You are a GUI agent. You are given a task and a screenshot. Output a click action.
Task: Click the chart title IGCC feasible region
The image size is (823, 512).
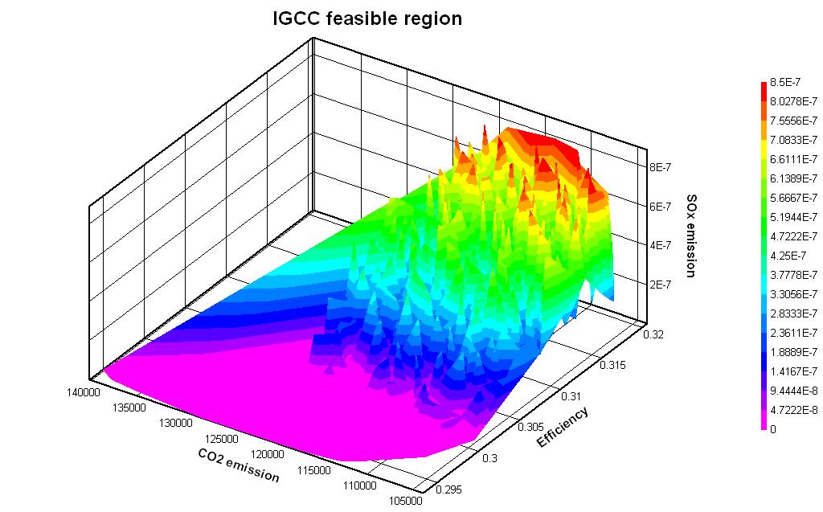(x=368, y=18)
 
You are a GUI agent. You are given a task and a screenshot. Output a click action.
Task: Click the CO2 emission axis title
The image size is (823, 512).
(x=239, y=465)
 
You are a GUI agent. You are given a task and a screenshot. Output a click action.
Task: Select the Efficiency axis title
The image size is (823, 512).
(x=563, y=428)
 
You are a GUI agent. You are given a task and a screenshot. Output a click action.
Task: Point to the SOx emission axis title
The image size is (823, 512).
(x=690, y=235)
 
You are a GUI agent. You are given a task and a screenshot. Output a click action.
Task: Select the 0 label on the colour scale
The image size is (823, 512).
(x=772, y=429)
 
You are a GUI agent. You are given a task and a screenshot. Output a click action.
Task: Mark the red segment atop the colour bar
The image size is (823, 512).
(x=763, y=86)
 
